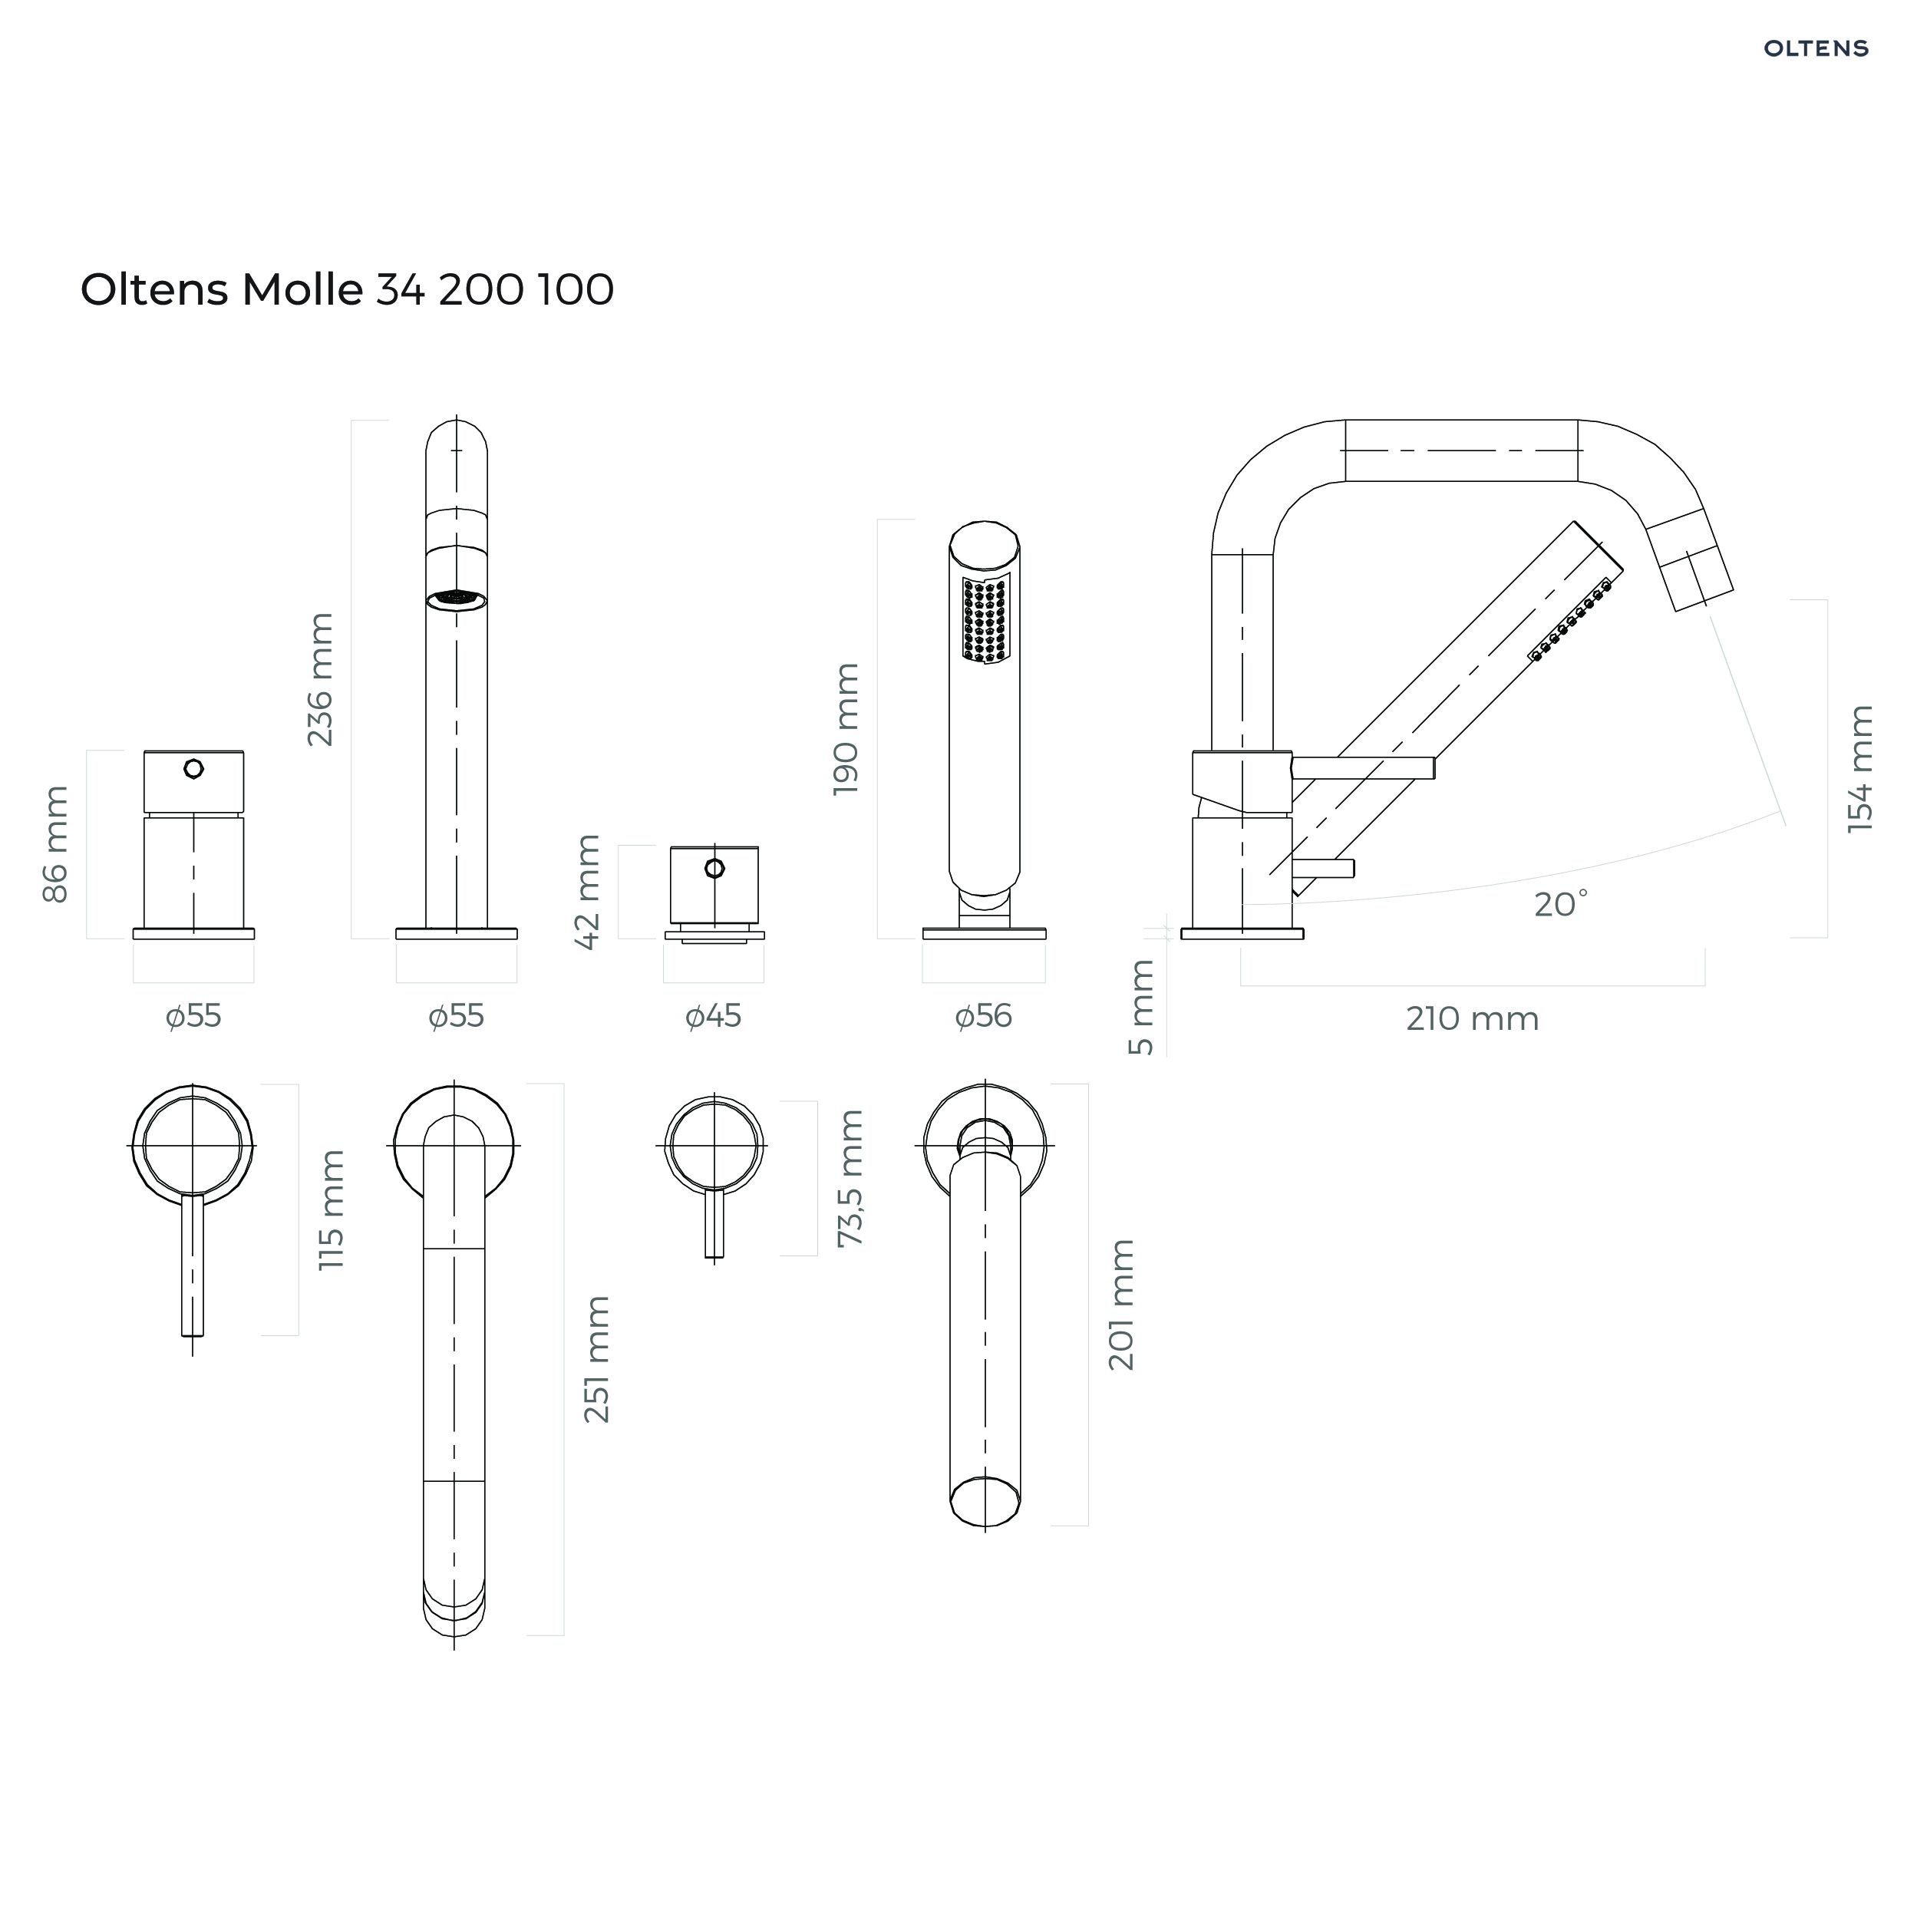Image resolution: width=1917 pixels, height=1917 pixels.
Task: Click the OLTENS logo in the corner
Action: pyautogui.click(x=1816, y=48)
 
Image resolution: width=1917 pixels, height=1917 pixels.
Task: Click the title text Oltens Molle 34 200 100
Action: pyautogui.click(x=348, y=290)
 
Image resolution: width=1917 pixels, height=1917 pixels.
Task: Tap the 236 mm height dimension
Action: pyautogui.click(x=319, y=680)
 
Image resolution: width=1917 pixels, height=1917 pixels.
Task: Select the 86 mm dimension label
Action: pyautogui.click(x=55, y=844)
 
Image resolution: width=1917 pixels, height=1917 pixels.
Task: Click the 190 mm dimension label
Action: pyautogui.click(x=846, y=729)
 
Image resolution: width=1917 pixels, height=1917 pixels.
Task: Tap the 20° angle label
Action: pyautogui.click(x=1561, y=904)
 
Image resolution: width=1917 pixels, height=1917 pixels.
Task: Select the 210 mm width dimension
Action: pyautogui.click(x=1473, y=1019)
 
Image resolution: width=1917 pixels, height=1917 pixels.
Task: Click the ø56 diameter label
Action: pyautogui.click(x=983, y=1016)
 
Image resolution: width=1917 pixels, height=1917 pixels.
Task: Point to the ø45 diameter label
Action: pyautogui.click(x=714, y=1016)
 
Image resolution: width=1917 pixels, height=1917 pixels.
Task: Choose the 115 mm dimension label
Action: pyautogui.click(x=331, y=1210)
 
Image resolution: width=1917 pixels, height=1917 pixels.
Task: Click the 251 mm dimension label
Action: pyautogui.click(x=596, y=1359)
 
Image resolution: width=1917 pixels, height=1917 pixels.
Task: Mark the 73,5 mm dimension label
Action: pyautogui.click(x=850, y=1179)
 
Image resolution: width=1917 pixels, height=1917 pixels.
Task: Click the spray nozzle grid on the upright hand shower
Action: pyautogui.click(x=985, y=620)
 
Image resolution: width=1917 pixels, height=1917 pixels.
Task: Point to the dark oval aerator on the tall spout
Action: pyautogui.click(x=457, y=600)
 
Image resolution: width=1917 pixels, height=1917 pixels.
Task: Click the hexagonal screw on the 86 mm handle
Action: pyautogui.click(x=193, y=768)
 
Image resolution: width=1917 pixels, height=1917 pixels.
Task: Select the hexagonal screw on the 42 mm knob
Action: pyautogui.click(x=714, y=868)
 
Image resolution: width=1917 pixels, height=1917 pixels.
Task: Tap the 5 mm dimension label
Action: pyautogui.click(x=1142, y=1007)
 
